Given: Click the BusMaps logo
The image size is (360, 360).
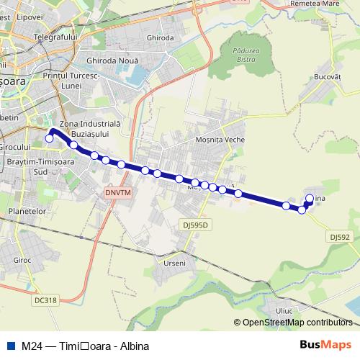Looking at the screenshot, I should click(326, 345).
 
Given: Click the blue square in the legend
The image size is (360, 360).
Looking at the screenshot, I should click(10, 346).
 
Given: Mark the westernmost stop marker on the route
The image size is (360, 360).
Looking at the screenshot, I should click(49, 138).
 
